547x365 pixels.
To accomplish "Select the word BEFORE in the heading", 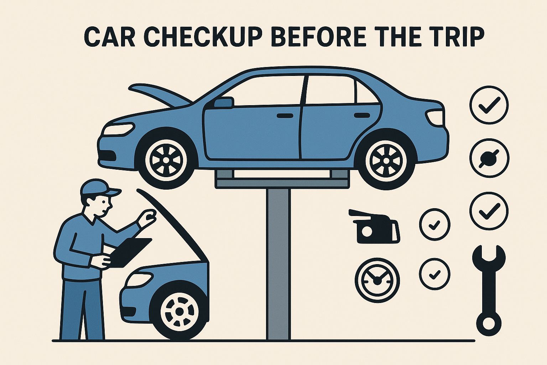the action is tap(319, 37).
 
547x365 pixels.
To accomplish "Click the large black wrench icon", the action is tap(489, 291).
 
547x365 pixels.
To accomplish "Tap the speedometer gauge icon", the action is tap(377, 280).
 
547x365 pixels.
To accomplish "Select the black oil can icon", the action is tap(375, 226).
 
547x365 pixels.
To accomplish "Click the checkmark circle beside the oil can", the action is tap(435, 225).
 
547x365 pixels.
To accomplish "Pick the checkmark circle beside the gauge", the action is tap(435, 274).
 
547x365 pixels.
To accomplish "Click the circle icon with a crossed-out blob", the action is tap(489, 158).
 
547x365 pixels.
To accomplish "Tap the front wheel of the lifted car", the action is tap(166, 160).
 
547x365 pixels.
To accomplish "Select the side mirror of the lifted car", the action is tap(223, 102).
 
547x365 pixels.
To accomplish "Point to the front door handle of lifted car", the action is tap(285, 115).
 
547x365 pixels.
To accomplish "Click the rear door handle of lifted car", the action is tap(362, 115).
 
